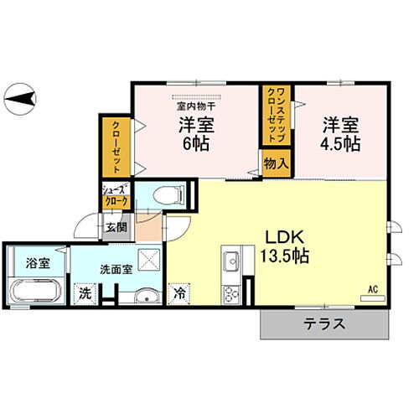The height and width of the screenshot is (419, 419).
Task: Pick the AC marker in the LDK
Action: click(x=374, y=289)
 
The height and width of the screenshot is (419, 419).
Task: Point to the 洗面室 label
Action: click(x=115, y=271)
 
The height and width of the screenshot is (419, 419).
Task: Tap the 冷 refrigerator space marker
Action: click(x=180, y=294)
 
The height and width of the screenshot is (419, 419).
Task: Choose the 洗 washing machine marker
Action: click(x=84, y=294)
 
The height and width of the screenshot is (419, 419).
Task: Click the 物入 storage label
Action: click(x=276, y=163)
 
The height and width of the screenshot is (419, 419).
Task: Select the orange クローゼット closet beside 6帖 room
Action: click(x=114, y=147)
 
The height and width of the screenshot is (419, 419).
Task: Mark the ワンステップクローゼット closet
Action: click(x=275, y=114)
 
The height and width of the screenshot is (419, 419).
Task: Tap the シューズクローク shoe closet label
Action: click(x=116, y=196)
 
